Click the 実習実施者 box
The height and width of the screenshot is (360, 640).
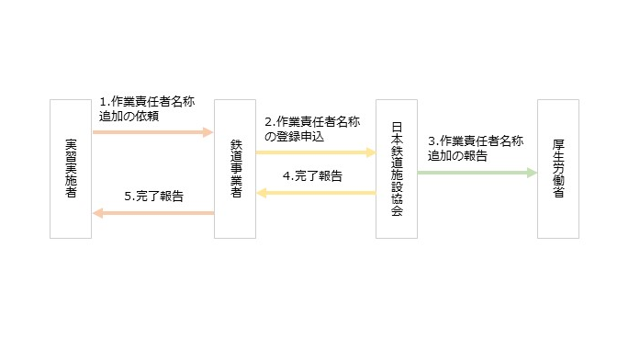(71, 169)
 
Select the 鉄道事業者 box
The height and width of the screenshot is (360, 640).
(234, 169)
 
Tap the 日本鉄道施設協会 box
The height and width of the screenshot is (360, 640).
(397, 169)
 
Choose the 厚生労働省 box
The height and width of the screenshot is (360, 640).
(558, 169)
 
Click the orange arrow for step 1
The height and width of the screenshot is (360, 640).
(152, 132)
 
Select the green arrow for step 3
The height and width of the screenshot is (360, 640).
(477, 172)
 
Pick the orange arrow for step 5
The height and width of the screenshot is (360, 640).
(152, 213)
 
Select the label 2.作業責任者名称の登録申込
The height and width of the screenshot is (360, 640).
(311, 129)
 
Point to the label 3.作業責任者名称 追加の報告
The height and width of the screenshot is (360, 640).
(475, 148)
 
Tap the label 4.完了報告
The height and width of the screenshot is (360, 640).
(312, 175)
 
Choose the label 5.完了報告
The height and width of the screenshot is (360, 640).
(153, 196)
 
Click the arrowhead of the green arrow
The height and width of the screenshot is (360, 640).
(532, 172)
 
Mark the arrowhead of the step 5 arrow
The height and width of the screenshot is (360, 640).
(98, 213)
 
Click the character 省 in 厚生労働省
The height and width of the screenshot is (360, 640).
(558, 196)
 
